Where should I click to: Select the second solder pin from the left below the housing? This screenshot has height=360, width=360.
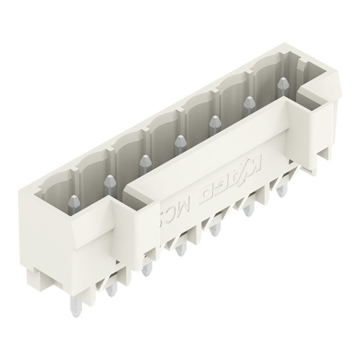pos(147,271)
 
